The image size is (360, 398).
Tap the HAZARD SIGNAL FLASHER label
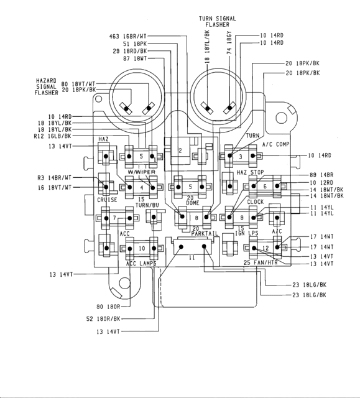pos(47,86)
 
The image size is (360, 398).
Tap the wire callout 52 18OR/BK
pos(116,318)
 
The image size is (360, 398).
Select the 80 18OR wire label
pos(108,306)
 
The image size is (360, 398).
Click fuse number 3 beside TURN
pos(241,156)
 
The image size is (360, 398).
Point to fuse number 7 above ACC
pos(114,218)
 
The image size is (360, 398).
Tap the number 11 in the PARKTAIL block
pos(192,257)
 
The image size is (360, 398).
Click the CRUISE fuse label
pos(107,200)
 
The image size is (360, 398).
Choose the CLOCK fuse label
pos(256,202)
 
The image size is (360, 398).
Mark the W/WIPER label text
pos(141,172)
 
